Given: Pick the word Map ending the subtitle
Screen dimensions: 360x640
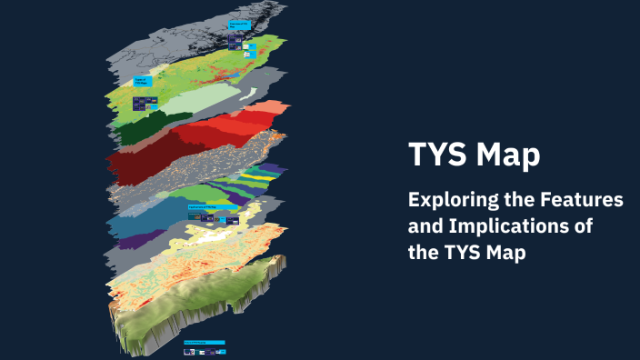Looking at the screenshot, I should (505, 253).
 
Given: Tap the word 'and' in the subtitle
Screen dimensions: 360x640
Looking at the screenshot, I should (425, 226).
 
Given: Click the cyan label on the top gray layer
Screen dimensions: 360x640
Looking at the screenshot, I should (238, 25).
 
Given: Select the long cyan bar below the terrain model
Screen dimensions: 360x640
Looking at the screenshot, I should (204, 343).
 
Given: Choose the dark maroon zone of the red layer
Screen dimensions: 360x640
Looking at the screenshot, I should (136, 164).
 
